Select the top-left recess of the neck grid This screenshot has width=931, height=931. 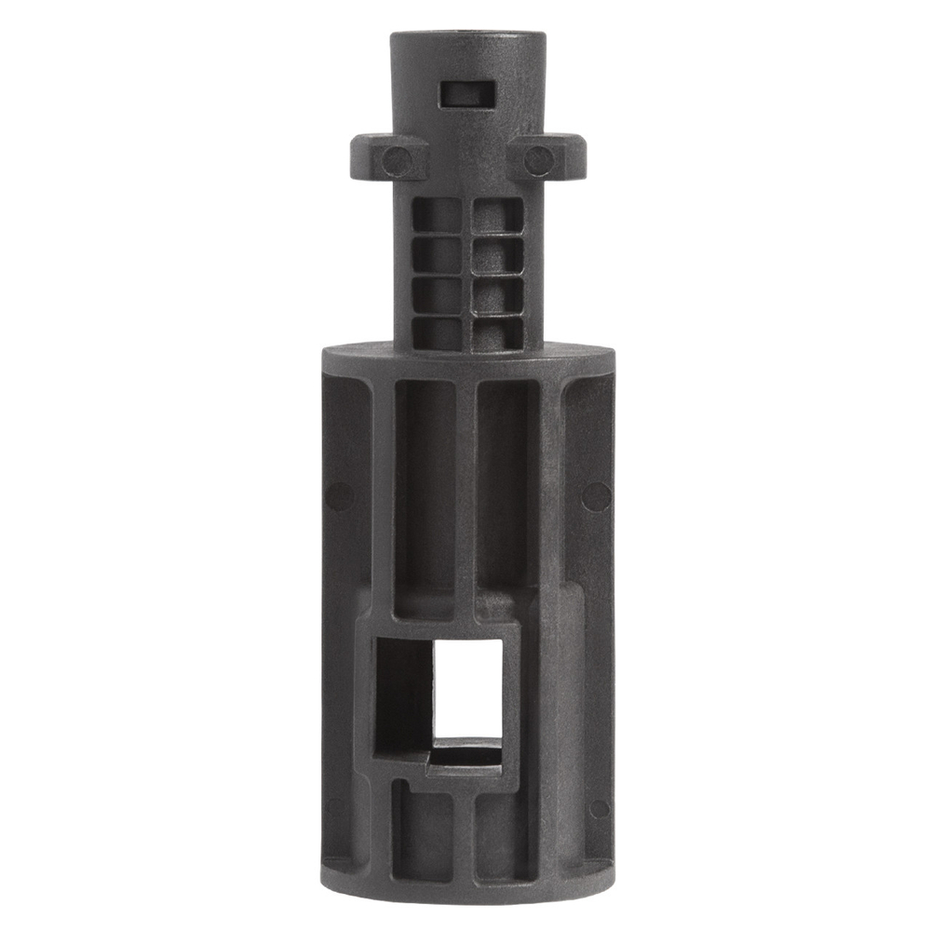[438, 216]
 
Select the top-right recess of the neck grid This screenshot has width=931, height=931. [497, 216]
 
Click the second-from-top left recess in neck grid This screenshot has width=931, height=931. [438, 253]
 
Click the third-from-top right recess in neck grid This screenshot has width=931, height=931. [497, 294]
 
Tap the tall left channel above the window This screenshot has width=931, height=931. [425, 493]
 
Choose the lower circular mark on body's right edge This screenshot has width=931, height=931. [600, 808]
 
